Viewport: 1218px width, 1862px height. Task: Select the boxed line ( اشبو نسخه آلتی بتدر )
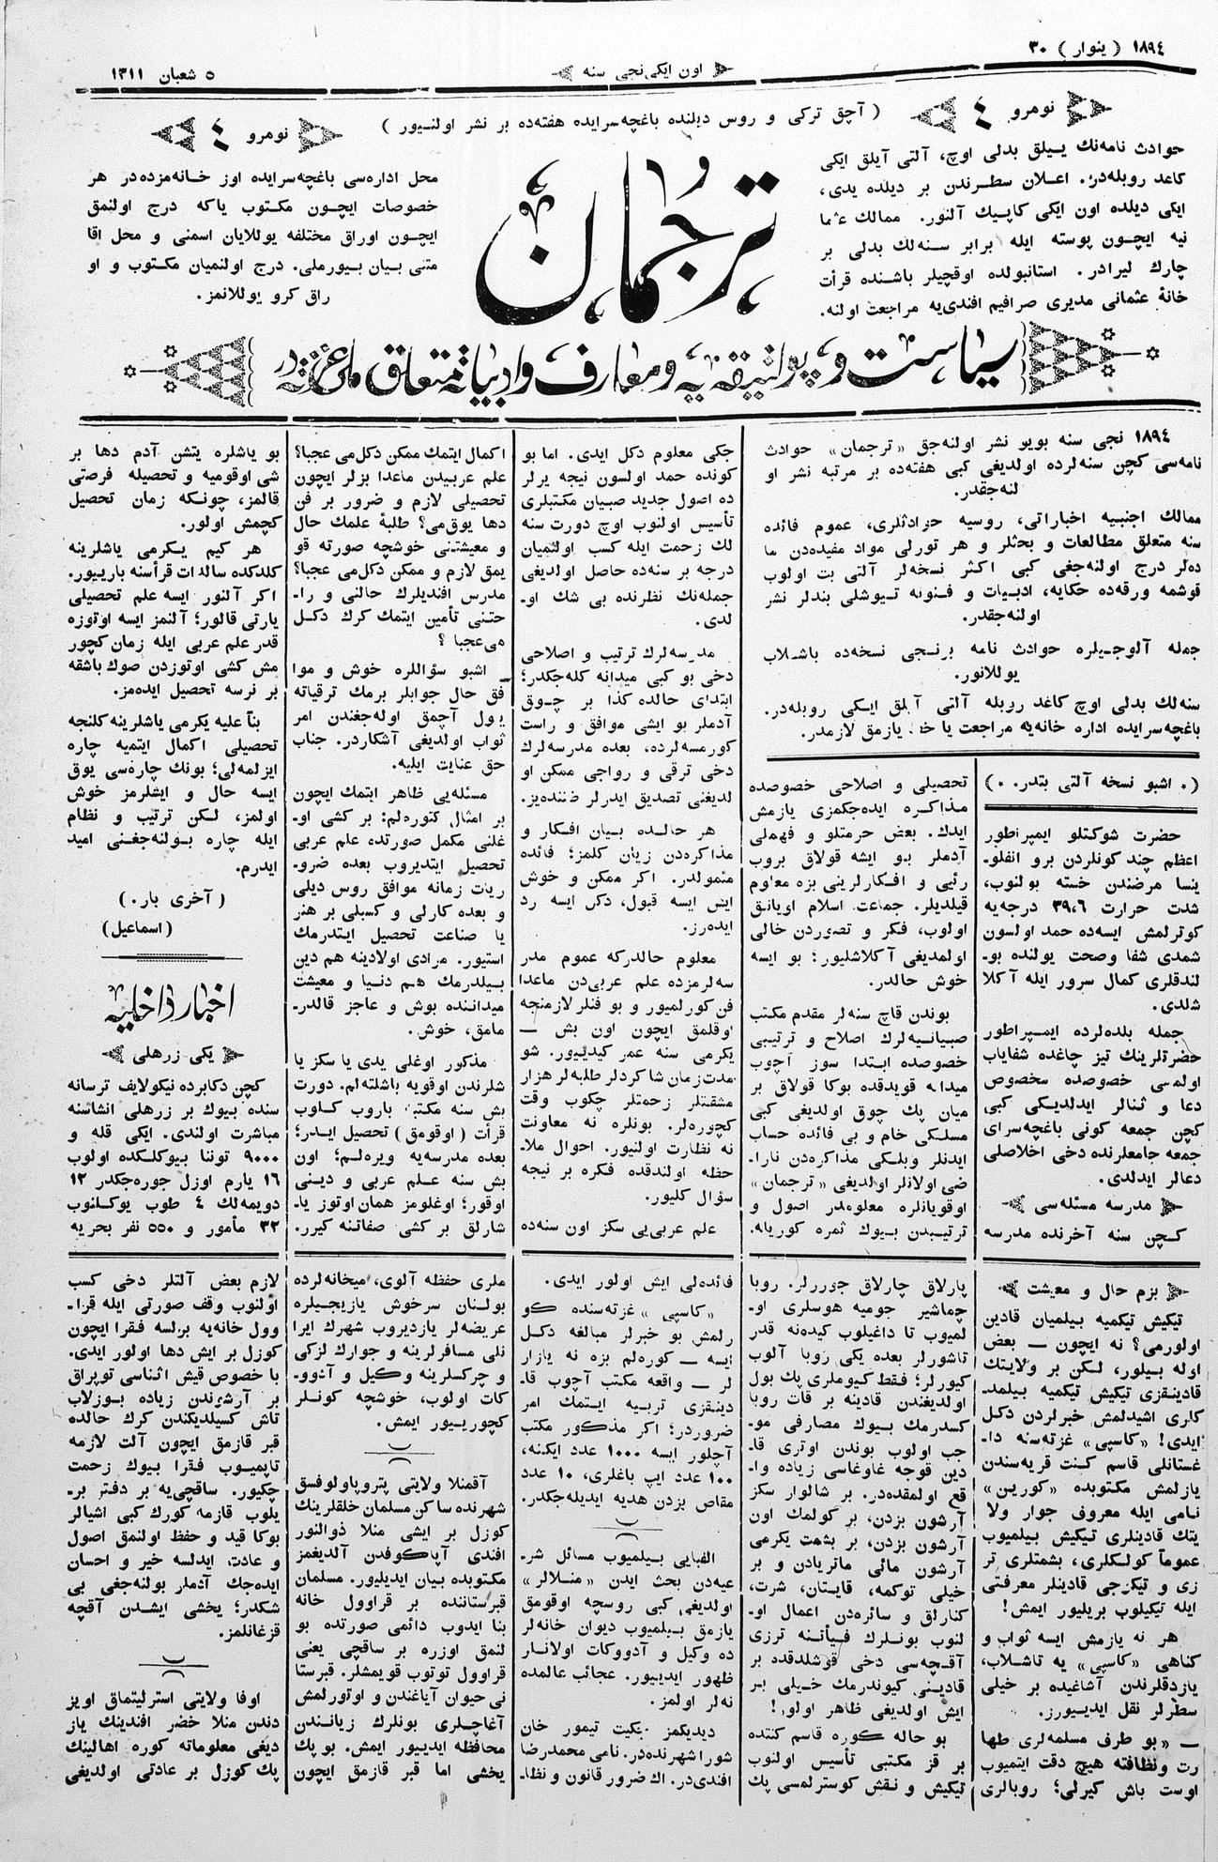pyautogui.click(x=1091, y=783)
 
